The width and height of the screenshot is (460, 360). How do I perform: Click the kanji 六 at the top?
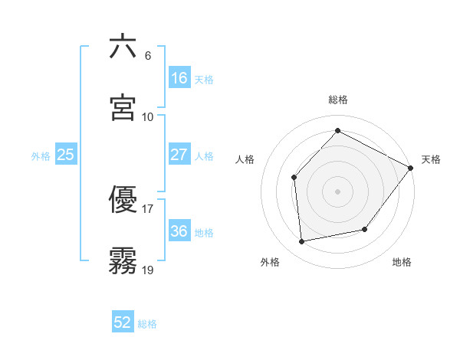(x=123, y=46)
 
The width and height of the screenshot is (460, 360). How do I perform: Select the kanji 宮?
(x=123, y=107)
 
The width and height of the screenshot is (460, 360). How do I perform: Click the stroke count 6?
(x=148, y=56)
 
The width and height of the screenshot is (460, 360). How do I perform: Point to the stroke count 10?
(x=148, y=116)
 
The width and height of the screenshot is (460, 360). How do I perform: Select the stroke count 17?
(x=148, y=208)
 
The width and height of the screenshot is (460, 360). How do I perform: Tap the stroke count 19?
(x=148, y=270)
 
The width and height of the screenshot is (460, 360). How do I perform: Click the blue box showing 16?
(x=179, y=77)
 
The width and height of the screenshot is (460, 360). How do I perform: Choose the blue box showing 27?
(x=179, y=155)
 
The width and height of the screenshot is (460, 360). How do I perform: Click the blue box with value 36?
(x=179, y=231)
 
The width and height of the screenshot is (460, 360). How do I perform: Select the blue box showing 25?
(x=66, y=155)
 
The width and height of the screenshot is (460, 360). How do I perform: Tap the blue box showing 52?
(x=123, y=323)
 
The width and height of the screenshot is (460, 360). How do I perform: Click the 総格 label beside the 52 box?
(x=147, y=324)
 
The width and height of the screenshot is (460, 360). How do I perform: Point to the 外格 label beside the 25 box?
(x=41, y=155)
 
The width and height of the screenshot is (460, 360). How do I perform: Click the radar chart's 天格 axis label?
(x=431, y=159)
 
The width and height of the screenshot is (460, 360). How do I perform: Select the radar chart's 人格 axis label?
(x=245, y=159)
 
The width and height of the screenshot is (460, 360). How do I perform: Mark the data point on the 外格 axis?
(x=302, y=242)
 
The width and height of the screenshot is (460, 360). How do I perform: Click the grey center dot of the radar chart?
(x=337, y=191)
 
